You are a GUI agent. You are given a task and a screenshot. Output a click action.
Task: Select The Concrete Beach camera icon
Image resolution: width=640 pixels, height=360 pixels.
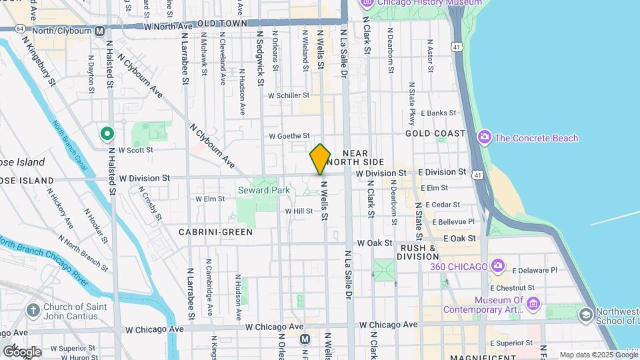click(x=485, y=138)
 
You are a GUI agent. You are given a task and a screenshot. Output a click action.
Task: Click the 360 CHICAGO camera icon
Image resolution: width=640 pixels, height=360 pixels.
click(x=497, y=267)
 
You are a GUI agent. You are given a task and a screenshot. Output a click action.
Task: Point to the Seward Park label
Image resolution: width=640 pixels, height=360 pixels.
click(x=264, y=190)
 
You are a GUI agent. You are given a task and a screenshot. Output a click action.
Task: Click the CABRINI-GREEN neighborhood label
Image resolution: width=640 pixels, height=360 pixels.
click(x=215, y=232)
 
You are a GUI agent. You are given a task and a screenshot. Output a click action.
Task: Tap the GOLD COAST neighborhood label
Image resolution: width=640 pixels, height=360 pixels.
click(x=435, y=133)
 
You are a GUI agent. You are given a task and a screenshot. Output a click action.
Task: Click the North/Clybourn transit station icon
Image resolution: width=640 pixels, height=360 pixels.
click(x=99, y=30)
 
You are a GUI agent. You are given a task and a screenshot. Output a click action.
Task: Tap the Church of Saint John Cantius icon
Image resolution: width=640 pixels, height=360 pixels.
click(x=33, y=310)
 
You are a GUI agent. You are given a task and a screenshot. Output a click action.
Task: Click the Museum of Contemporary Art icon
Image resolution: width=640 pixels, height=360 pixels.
click(x=533, y=305)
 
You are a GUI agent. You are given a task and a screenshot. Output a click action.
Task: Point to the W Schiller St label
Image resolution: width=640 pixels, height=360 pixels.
click(x=289, y=95)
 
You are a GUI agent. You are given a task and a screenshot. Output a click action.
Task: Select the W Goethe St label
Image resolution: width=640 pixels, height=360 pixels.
click(x=289, y=136)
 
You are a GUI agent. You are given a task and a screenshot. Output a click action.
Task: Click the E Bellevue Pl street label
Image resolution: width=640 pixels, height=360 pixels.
click(x=453, y=221)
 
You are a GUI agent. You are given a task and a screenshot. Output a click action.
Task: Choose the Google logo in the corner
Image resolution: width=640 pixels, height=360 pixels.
click(x=22, y=351)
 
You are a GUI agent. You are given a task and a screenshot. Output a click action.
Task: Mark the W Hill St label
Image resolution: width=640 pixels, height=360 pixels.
click(x=299, y=211)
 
